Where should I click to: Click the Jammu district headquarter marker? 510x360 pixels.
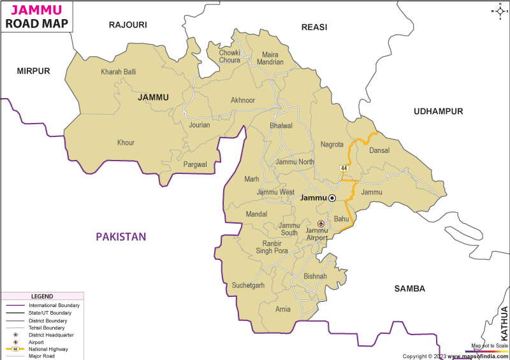pos(332,198)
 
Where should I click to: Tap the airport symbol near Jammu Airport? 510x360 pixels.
pos(321,224)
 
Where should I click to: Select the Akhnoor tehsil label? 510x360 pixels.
pos(243,100)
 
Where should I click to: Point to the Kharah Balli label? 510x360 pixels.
pos(119,72)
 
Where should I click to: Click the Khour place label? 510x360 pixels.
pos(126,143)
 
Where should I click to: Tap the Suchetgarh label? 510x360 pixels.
pos(248,285)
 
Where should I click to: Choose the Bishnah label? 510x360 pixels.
pos(315,277)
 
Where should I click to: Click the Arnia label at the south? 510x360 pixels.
pos(283,310)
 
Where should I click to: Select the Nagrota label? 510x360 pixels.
pos(332,145)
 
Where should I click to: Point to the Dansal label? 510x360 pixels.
pos(379,150)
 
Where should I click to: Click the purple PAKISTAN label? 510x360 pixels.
pos(121,236)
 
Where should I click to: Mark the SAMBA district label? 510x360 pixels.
pos(409,289)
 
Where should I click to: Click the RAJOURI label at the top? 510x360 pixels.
pos(127,25)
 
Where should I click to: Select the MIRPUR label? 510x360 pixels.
pos(33,71)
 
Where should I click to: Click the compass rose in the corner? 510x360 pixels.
pos(497,11)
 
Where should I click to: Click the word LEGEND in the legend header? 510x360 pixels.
pos(42,296)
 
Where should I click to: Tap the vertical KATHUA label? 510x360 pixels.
pos(504,323)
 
